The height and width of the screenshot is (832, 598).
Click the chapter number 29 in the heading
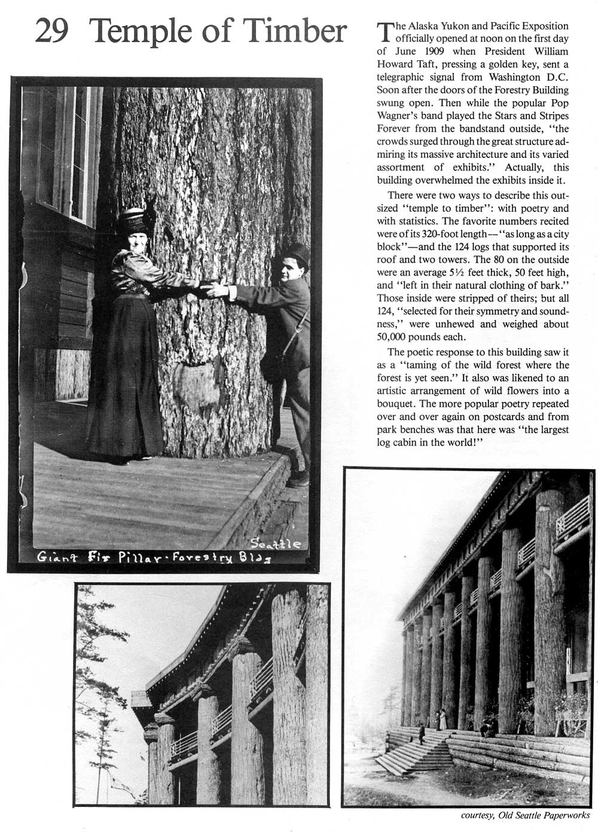(51, 31)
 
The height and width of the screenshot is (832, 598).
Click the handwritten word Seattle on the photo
(276, 544)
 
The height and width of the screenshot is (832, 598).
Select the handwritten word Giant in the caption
(57, 557)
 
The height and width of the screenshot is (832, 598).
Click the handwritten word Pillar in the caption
(138, 557)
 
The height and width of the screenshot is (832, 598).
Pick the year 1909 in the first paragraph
(428, 51)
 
